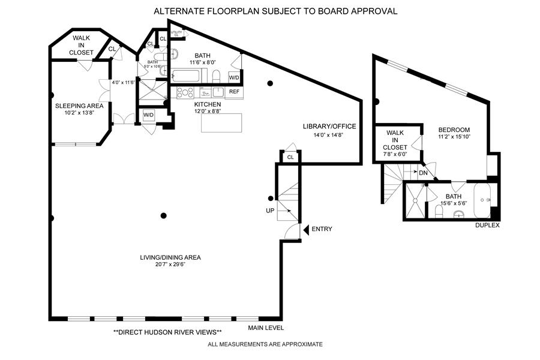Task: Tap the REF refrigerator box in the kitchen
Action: (x=234, y=92)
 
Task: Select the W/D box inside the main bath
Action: (x=234, y=77)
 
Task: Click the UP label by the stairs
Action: (x=270, y=211)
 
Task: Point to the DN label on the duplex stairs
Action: (x=423, y=172)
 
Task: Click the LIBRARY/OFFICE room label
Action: (x=329, y=126)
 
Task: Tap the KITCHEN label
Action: (x=208, y=104)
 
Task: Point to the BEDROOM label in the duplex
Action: (x=454, y=130)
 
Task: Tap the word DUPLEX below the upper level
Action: (x=487, y=226)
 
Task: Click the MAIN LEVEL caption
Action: (x=266, y=328)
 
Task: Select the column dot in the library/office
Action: (x=271, y=83)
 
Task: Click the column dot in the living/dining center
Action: (x=163, y=215)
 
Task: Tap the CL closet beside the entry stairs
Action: (x=290, y=157)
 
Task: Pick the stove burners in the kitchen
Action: (x=184, y=92)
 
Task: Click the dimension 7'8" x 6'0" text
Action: (x=396, y=154)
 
